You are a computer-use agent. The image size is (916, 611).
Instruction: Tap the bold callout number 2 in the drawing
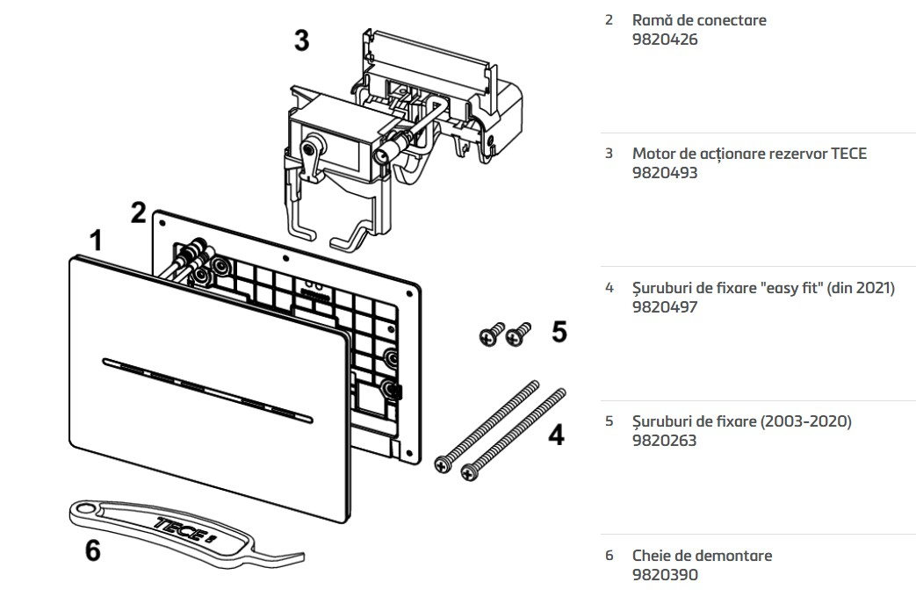coord(139,212)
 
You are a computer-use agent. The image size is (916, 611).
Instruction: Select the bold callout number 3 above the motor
coord(301,40)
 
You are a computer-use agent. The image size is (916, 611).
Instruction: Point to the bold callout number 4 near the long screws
coord(556,435)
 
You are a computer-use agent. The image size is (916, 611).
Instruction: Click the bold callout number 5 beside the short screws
coord(559,332)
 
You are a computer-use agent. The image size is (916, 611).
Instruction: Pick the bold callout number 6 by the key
coord(92,550)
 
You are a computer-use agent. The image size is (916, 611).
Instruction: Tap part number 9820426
coord(665,40)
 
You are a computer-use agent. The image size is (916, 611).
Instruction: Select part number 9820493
coord(665,173)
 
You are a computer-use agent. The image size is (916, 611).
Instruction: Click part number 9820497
coord(665,307)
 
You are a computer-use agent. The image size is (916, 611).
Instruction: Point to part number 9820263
coord(664,441)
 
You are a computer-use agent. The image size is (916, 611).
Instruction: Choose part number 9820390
coord(665,575)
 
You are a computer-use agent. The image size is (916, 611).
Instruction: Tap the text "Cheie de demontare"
coord(702,556)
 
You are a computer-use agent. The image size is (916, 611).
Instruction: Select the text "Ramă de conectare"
coord(699,20)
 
